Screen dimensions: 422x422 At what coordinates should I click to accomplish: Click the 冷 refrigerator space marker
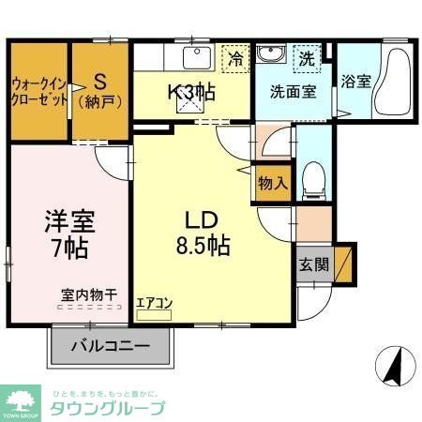(x=236, y=59)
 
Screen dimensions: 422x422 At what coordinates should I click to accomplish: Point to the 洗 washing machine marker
(x=308, y=58)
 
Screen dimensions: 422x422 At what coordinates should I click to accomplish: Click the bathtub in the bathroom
(x=393, y=83)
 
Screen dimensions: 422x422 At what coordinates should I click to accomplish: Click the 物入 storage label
(x=272, y=184)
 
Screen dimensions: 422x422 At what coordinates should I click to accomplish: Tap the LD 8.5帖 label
(x=201, y=234)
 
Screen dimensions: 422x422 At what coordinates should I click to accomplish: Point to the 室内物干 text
(x=83, y=294)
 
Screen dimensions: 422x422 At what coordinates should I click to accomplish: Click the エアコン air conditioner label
(x=153, y=302)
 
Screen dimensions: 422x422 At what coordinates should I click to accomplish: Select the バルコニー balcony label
(x=110, y=346)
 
